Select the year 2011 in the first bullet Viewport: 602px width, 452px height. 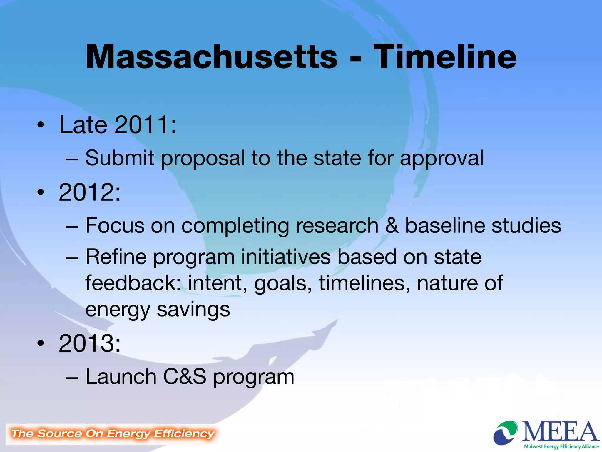[x=142, y=125]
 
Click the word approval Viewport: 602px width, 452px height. [x=442, y=159]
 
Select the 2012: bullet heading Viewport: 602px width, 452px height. [x=90, y=192]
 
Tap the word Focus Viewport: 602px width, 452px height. [x=115, y=225]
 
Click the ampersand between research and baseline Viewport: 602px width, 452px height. [x=392, y=226]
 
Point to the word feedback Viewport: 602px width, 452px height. [x=133, y=283]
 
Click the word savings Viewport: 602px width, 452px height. [x=193, y=310]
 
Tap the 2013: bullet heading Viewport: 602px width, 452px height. [x=90, y=343]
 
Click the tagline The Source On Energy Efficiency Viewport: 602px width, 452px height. [x=113, y=433]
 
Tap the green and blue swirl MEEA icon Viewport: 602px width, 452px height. [x=506, y=433]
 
